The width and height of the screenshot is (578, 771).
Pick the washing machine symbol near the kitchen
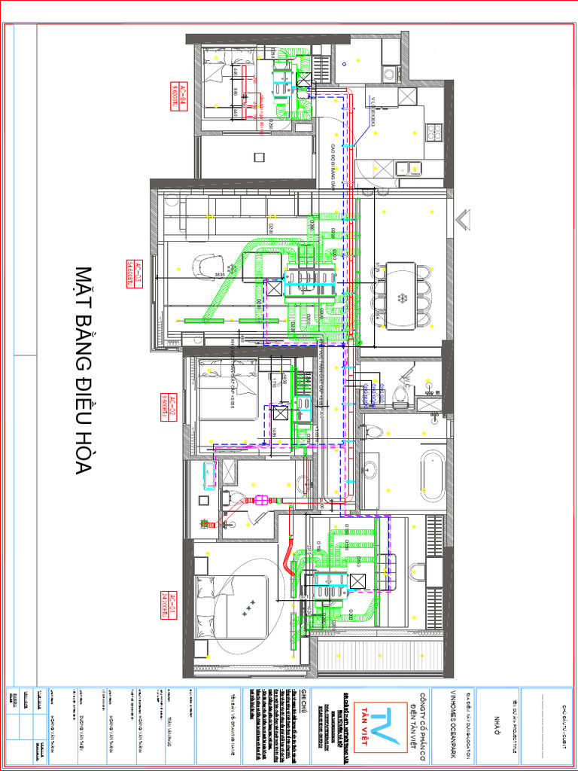390,73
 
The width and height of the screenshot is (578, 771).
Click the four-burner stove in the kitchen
434,133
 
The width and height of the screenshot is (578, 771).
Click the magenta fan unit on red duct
263,499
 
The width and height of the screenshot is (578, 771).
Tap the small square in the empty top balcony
259,157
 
